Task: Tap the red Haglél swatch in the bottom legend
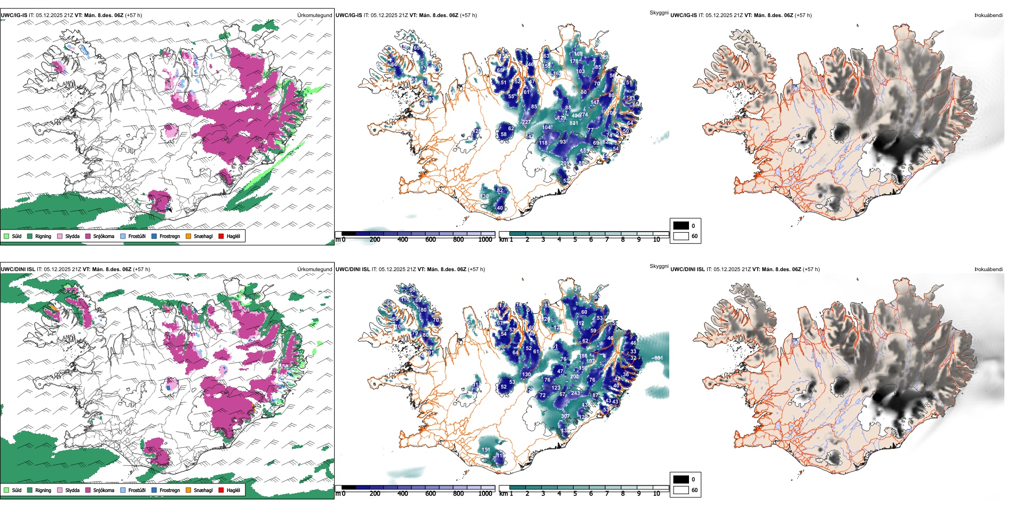(221, 490)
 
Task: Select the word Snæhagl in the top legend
(203, 236)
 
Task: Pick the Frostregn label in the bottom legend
(170, 490)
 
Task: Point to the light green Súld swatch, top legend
(6, 236)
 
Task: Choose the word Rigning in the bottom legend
(43, 490)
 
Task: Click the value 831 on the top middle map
(574, 123)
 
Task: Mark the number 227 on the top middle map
(526, 122)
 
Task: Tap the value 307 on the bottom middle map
(565, 416)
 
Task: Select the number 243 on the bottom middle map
(575, 393)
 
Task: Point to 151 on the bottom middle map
(486, 450)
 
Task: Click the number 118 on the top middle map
(543, 143)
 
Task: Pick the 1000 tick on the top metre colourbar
(485, 240)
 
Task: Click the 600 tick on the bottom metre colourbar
(431, 494)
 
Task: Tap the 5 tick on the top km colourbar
(575, 240)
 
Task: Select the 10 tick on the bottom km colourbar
(656, 494)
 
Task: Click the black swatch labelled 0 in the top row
(681, 226)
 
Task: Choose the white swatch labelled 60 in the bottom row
(681, 490)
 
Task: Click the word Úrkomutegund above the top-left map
(314, 15)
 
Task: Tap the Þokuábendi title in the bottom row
(988, 269)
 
